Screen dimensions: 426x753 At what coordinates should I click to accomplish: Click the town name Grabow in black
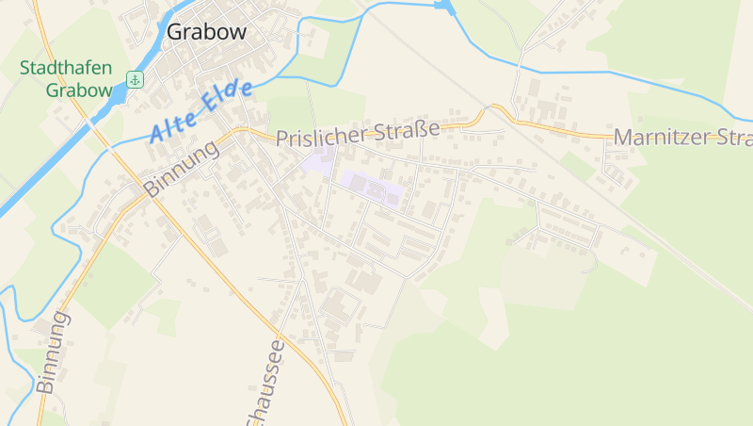coord(206,32)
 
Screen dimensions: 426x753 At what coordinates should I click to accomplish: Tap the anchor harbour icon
coord(135,78)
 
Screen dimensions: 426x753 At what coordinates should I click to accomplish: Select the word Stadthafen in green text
coord(66,70)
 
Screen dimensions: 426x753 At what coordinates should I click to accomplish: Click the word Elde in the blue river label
coord(229,97)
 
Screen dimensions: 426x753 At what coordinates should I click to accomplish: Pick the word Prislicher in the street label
coord(321,134)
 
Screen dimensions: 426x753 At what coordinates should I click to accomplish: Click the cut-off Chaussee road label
coord(266,386)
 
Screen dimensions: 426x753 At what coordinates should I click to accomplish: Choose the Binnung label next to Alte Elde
coord(182,170)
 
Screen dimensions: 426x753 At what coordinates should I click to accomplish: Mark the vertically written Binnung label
coord(53,352)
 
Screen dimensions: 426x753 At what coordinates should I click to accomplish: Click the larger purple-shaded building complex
coord(373,188)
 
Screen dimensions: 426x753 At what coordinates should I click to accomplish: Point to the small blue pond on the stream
coord(444,8)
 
